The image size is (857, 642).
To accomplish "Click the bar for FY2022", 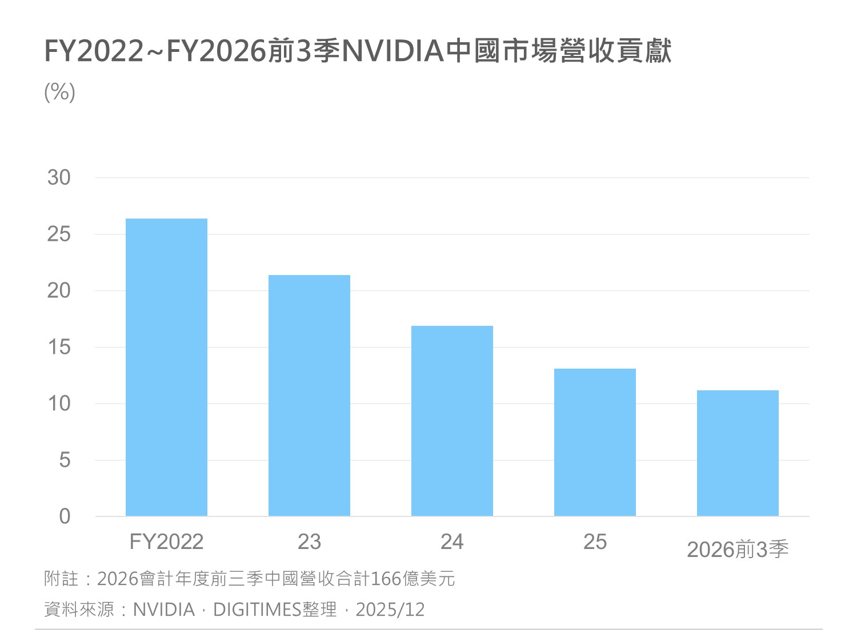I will [x=166, y=368].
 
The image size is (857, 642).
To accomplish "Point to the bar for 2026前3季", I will [x=738, y=453].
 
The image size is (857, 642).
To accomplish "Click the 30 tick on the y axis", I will [x=59, y=178].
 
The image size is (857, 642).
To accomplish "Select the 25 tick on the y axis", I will [x=59, y=235].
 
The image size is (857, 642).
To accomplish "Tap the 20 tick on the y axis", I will [x=59, y=291].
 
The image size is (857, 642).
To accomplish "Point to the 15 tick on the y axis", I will [x=59, y=348].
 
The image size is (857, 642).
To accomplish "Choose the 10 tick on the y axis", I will [x=59, y=404].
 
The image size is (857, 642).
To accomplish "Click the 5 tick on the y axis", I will [x=65, y=461].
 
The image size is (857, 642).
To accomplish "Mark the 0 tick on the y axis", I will [x=65, y=517].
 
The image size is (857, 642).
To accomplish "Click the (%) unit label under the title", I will [x=59, y=92].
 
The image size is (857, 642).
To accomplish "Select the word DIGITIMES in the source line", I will [x=257, y=610].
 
